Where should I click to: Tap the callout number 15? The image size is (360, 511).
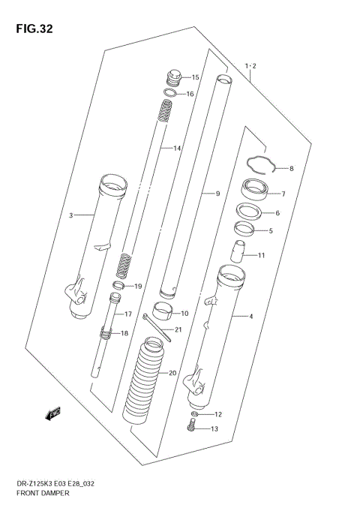point(195,77)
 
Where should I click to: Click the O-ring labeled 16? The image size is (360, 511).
point(170,94)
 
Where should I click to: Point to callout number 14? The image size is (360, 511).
point(177,149)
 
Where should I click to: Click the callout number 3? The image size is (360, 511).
point(71,216)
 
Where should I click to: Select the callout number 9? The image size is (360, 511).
point(217,194)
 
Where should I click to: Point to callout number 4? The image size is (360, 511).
point(251,317)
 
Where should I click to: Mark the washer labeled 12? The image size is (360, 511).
point(194,414)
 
